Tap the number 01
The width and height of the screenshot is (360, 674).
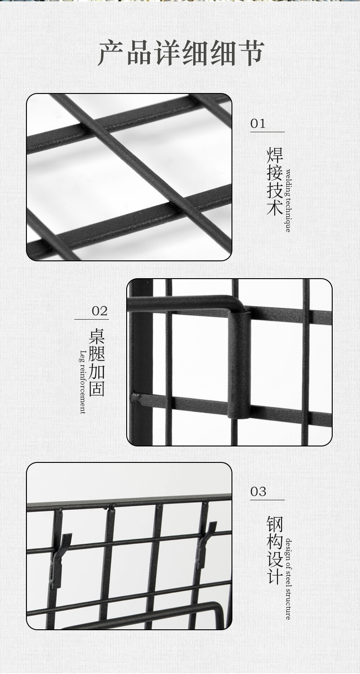[x=258, y=124]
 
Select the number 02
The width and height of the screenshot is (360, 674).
[x=100, y=311]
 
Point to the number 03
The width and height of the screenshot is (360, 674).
[x=258, y=492]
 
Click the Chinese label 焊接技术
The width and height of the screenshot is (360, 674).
[x=275, y=181]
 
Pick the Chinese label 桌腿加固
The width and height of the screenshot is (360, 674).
[x=97, y=363]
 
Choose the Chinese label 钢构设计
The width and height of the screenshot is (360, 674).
[x=275, y=550]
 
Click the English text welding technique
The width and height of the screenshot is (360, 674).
[x=288, y=201]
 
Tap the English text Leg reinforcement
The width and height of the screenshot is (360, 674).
[x=82, y=382]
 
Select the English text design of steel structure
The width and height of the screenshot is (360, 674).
[x=288, y=579]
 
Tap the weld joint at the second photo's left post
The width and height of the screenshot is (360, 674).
[x=136, y=398]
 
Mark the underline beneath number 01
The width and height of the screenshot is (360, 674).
[x=267, y=132]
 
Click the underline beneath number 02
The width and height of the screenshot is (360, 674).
[x=92, y=320]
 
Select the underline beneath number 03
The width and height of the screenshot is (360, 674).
[x=267, y=500]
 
